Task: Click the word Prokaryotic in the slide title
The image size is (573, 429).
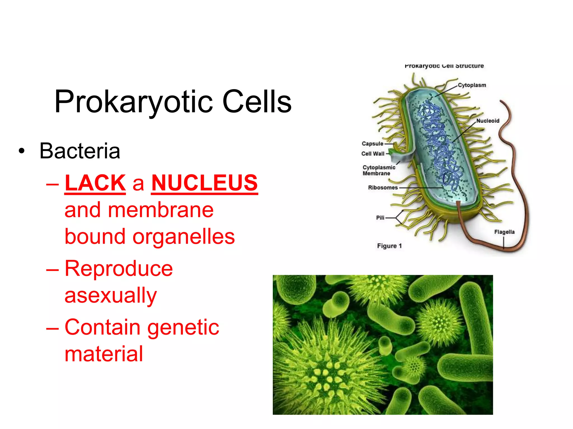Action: point(134,102)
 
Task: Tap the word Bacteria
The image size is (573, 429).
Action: point(80,151)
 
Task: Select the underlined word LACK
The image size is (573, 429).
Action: point(95,183)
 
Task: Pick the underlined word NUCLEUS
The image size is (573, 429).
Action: point(204,183)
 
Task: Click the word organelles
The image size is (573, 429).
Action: point(184,237)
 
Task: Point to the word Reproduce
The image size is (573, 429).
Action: point(119,269)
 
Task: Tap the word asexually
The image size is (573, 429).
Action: point(111,295)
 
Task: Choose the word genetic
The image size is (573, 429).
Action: point(183,327)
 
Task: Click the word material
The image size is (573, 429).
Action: point(104,354)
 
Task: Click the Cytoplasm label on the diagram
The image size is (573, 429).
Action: point(472,85)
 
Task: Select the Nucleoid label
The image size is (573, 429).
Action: point(488,121)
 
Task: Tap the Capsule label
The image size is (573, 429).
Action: point(372,144)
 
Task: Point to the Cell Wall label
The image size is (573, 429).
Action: point(373,154)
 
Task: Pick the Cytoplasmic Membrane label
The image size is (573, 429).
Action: point(379,170)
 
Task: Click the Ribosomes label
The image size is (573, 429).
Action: point(383,187)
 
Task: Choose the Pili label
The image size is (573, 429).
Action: point(380,218)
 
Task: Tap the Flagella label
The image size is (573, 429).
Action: point(504,232)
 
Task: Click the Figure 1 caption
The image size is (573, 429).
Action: point(389,246)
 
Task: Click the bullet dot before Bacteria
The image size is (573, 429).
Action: point(22,151)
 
